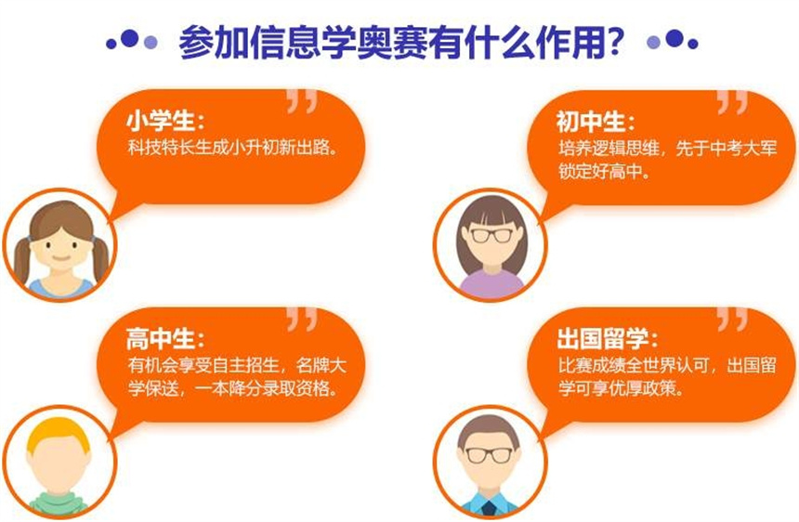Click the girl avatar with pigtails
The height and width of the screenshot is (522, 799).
click(x=60, y=245)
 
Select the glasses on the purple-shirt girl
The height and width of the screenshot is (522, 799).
click(x=491, y=235)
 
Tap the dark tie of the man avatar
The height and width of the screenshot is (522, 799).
click(x=490, y=508)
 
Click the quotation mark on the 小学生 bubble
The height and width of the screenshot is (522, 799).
click(x=302, y=101)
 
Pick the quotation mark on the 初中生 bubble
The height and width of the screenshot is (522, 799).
click(x=732, y=102)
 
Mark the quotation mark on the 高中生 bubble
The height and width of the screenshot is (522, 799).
click(x=302, y=319)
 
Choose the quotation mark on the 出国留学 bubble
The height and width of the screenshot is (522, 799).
click(x=732, y=319)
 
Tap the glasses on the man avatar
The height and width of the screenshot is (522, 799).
click(x=490, y=455)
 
